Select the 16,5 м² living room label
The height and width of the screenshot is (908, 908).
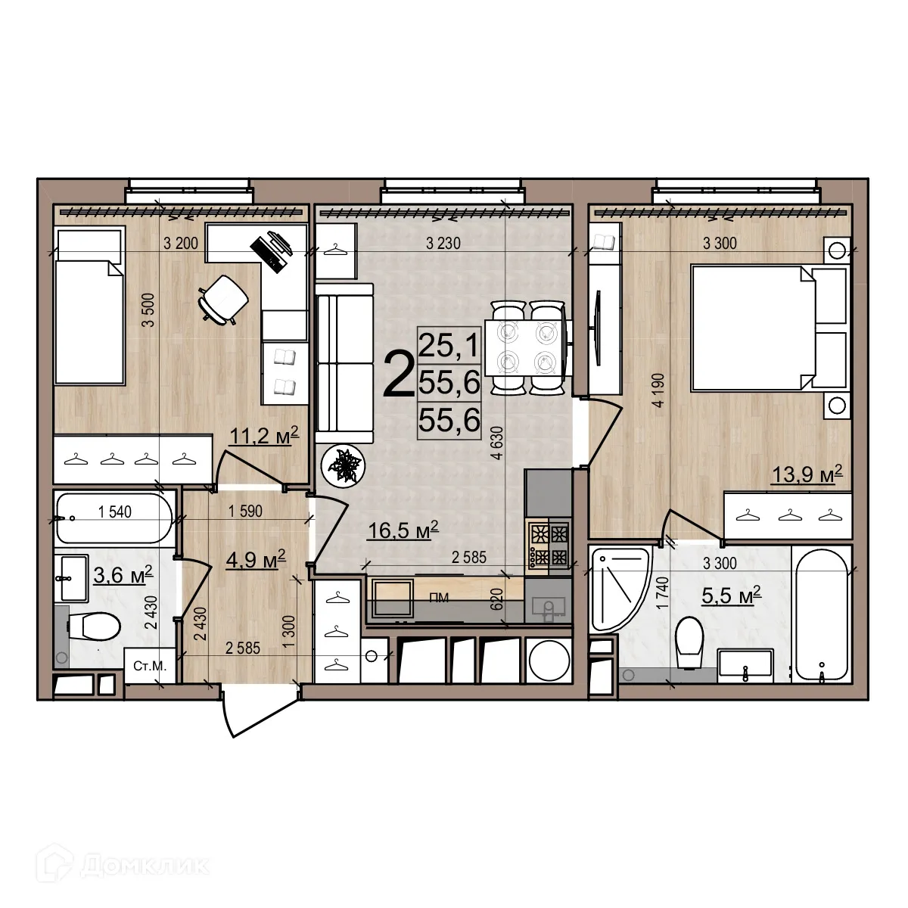click(x=403, y=530)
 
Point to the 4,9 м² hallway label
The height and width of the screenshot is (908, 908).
click(x=256, y=559)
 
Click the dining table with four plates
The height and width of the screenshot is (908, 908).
click(x=526, y=347)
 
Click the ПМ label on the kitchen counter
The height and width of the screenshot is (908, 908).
click(x=439, y=598)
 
